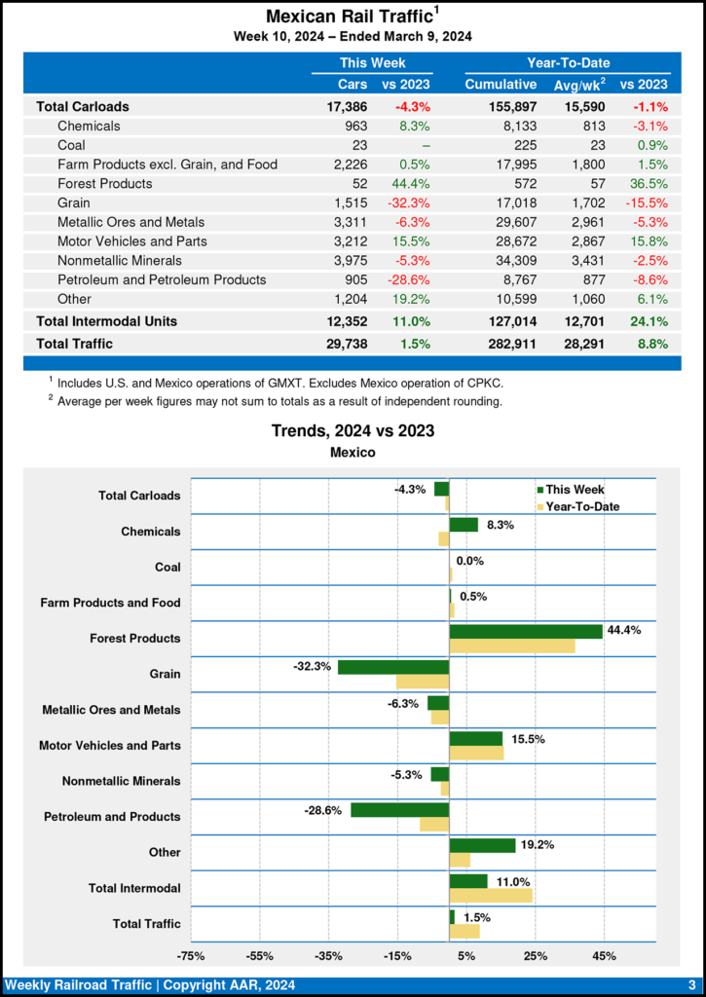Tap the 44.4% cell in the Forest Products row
pos(412,183)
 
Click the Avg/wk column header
pos(578,85)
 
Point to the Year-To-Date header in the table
pos(568,62)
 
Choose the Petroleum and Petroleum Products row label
pos(162,279)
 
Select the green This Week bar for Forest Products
pos(526,631)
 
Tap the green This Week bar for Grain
pos(393,667)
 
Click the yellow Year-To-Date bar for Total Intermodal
pos(491,895)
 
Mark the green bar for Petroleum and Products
pos(399,810)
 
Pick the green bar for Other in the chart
pos(482,845)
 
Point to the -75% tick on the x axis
pos(191,955)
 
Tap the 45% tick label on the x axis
pos(604,955)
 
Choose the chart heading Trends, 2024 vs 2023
pos(353,430)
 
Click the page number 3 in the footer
pos(690,985)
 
